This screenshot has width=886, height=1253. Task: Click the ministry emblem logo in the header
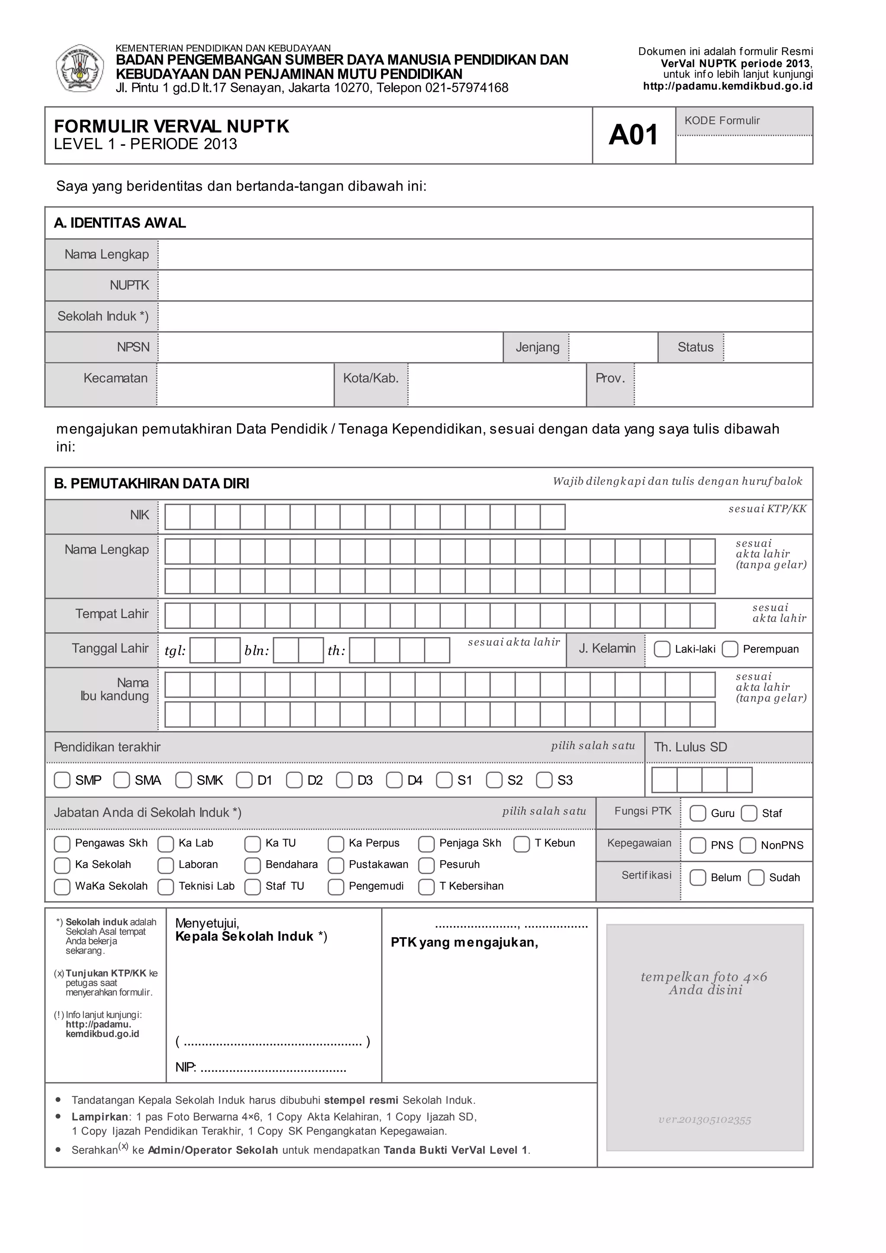[x=80, y=69]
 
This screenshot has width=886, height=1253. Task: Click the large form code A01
[x=633, y=135]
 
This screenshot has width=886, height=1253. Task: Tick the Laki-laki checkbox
[x=661, y=649]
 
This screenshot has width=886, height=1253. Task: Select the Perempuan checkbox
[x=730, y=649]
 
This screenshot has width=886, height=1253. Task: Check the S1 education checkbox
[x=444, y=780]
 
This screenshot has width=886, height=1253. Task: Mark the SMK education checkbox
[x=183, y=780]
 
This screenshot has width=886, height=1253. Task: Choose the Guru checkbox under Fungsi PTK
[x=698, y=813]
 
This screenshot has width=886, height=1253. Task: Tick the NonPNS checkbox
[x=747, y=845]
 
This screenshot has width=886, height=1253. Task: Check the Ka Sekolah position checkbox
[x=62, y=865]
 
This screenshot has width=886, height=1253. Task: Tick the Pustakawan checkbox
[x=336, y=865]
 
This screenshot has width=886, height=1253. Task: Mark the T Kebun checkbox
[x=521, y=844]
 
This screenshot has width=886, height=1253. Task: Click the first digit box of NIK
[x=177, y=517]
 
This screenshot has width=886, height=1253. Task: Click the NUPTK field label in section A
[x=129, y=285]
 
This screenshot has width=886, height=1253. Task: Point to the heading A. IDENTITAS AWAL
[x=120, y=223]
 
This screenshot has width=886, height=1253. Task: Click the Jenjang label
[x=537, y=348]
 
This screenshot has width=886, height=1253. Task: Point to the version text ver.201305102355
[x=704, y=1120]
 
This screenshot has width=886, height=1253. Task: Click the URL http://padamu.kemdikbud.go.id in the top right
[x=728, y=86]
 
